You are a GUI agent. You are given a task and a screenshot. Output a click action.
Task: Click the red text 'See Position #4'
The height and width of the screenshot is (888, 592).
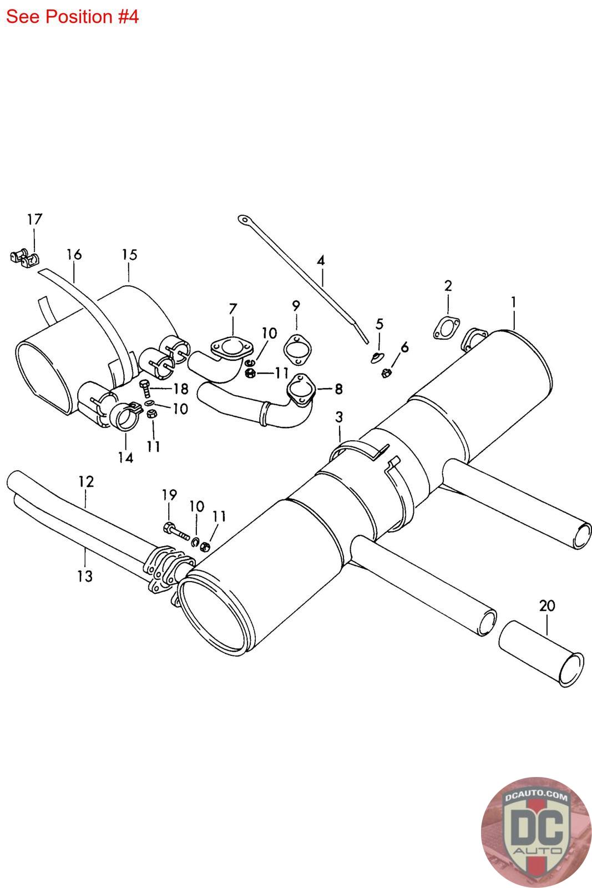(72, 17)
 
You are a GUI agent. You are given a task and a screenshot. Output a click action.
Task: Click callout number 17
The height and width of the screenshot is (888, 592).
(34, 219)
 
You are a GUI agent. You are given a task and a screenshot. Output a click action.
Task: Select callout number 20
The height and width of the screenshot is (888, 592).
(547, 606)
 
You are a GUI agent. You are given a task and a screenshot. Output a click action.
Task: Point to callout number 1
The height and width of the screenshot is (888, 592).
(514, 302)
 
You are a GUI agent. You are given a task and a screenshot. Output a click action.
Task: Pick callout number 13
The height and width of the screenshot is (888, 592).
(85, 576)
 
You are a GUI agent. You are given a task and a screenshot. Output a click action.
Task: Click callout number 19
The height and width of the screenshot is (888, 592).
(169, 494)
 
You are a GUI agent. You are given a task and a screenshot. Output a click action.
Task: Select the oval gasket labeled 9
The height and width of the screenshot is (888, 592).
(298, 350)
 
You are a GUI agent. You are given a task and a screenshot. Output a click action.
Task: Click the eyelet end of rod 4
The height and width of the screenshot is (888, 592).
(243, 220)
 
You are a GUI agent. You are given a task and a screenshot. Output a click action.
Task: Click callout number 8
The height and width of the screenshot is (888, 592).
(338, 389)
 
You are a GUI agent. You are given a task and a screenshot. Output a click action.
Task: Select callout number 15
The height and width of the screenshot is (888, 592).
(129, 255)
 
